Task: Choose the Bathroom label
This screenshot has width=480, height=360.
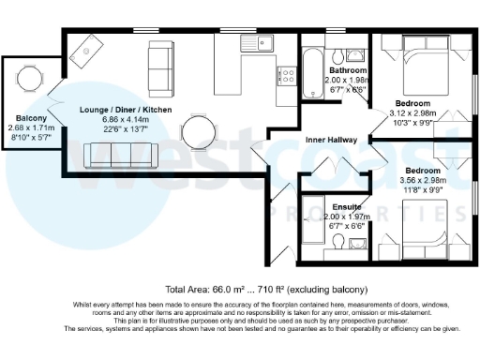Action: (x=347, y=70)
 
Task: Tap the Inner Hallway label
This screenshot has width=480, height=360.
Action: (x=329, y=142)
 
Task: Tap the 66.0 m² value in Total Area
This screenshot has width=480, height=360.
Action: (x=227, y=289)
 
